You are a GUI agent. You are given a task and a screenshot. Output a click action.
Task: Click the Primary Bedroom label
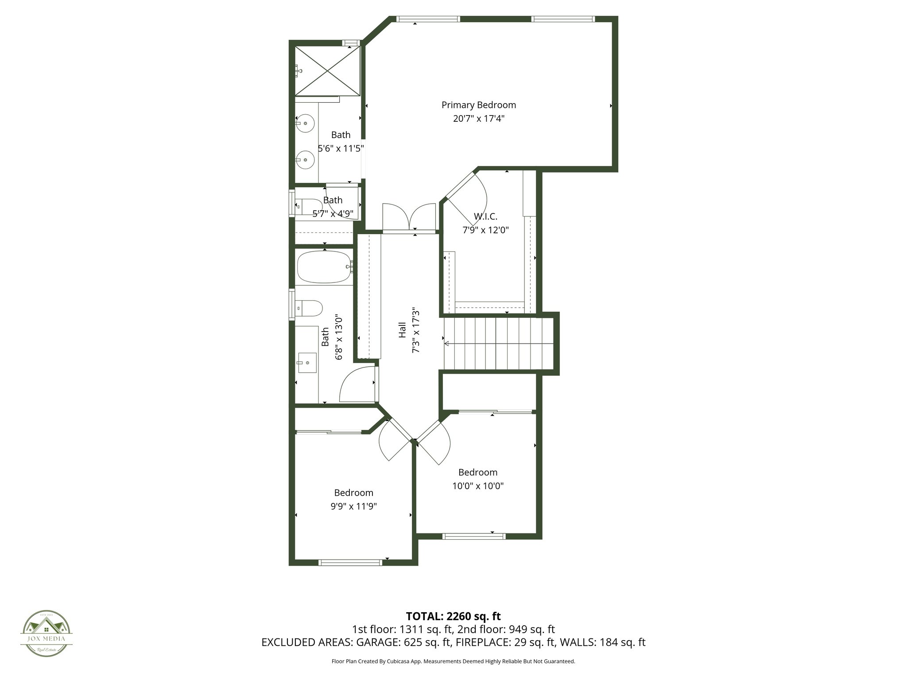tap(478, 105)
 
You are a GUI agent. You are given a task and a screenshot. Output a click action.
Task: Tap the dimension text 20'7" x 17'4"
tap(478, 119)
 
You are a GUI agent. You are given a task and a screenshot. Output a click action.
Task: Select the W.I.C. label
tap(485, 216)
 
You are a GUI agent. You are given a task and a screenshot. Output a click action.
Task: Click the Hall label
tap(402, 330)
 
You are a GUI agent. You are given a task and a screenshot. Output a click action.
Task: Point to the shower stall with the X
tap(327, 70)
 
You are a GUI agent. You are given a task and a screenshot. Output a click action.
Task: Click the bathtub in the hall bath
tap(325, 267)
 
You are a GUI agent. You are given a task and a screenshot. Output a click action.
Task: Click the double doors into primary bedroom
tap(409, 218)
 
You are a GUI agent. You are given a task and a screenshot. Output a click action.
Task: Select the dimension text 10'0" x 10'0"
tap(477, 486)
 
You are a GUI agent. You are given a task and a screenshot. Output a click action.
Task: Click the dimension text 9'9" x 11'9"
tap(353, 506)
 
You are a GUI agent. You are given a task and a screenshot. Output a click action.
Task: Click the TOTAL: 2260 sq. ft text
tap(453, 616)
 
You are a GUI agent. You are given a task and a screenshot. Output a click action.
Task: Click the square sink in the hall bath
tap(307, 363)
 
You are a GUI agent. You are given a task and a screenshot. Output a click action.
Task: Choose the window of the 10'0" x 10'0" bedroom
tap(474, 536)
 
